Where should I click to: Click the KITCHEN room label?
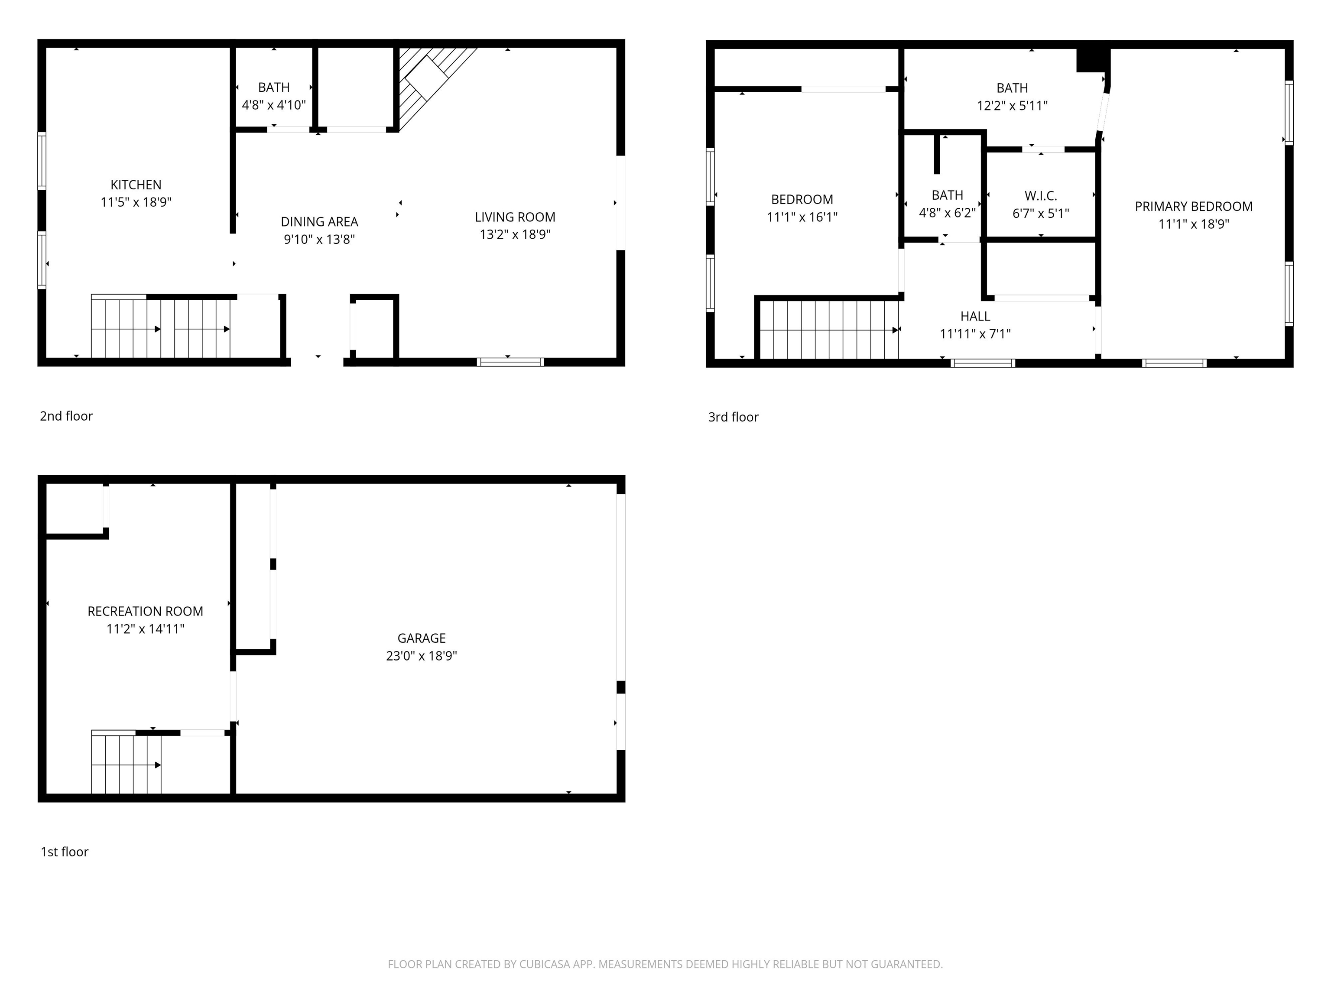pyautogui.click(x=136, y=185)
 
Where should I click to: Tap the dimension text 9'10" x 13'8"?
pyautogui.click(x=319, y=240)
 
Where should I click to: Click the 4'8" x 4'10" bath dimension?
pyautogui.click(x=274, y=105)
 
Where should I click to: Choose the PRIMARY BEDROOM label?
pyautogui.click(x=1193, y=206)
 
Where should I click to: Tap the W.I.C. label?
pyautogui.click(x=1040, y=195)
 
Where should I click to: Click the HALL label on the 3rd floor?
pyautogui.click(x=975, y=316)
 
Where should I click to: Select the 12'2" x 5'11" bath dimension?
pyautogui.click(x=1012, y=106)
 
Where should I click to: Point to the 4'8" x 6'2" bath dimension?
pyautogui.click(x=947, y=213)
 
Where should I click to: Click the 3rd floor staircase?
pyautogui.click(x=828, y=330)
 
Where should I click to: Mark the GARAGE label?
pyautogui.click(x=421, y=638)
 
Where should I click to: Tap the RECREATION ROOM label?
pyautogui.click(x=145, y=611)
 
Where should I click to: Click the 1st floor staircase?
pyautogui.click(x=127, y=765)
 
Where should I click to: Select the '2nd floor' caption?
pyautogui.click(x=66, y=416)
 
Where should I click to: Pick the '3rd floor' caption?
pyautogui.click(x=733, y=417)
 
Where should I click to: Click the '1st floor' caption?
pyautogui.click(x=65, y=852)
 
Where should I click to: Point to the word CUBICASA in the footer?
pyautogui.click(x=544, y=964)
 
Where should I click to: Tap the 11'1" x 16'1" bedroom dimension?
pyautogui.click(x=802, y=217)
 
